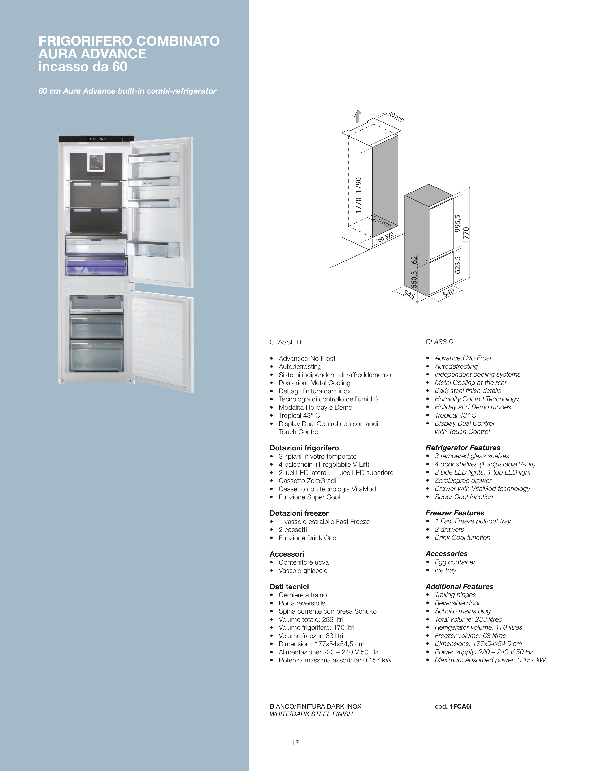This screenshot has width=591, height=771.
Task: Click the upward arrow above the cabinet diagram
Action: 358,116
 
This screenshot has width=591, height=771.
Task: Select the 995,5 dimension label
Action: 457,224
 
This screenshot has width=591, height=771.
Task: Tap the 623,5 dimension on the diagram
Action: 457,265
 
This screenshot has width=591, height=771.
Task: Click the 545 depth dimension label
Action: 409,294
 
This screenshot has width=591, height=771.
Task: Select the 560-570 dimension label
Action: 384,238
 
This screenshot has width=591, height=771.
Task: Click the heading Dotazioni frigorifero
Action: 304,448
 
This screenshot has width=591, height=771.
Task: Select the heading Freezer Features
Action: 455,513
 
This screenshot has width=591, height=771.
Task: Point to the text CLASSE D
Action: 285,342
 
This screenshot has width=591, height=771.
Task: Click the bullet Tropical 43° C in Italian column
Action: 299,415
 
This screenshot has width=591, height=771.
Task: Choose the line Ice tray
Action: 445,570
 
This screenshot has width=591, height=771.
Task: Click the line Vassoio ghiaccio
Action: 303,571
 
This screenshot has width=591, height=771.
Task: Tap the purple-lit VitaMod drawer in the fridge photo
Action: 96,266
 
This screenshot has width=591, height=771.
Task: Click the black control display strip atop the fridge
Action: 96,139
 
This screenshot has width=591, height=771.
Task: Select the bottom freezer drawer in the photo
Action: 96,355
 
